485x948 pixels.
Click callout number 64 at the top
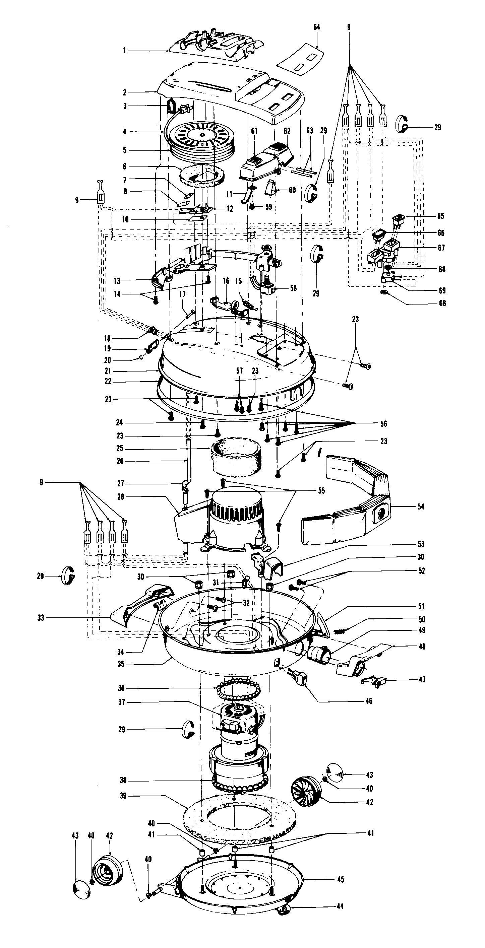pos(317,27)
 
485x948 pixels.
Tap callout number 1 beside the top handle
pos(124,51)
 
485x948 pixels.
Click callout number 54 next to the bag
pos(421,507)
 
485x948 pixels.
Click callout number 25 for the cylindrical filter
pos(120,449)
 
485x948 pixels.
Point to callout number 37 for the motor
pos(122,702)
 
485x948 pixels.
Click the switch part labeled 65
pos(398,220)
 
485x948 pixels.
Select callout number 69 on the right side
pos(442,290)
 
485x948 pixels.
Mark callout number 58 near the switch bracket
pos(293,288)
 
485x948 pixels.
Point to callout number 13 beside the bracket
pos(117,281)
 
